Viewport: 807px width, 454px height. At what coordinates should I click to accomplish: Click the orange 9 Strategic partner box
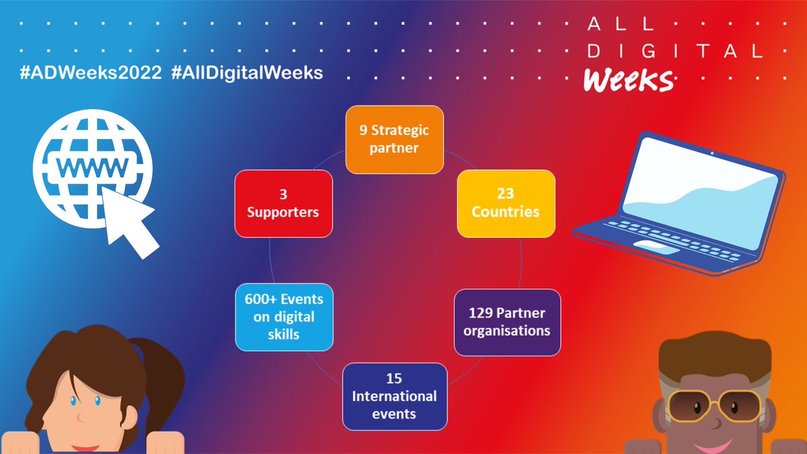pos(395,138)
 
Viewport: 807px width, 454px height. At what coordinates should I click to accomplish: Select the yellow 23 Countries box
pos(506,203)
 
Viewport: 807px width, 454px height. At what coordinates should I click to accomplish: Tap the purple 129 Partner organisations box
pos(507,322)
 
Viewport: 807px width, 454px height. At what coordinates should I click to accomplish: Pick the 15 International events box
pos(395,396)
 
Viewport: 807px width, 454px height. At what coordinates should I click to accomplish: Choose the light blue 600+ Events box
pos(284,316)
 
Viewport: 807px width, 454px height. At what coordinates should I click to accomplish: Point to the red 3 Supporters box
pos(283,203)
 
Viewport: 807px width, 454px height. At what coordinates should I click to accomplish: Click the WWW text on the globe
pos(92,165)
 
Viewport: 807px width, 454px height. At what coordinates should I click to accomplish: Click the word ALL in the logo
pos(620,24)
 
